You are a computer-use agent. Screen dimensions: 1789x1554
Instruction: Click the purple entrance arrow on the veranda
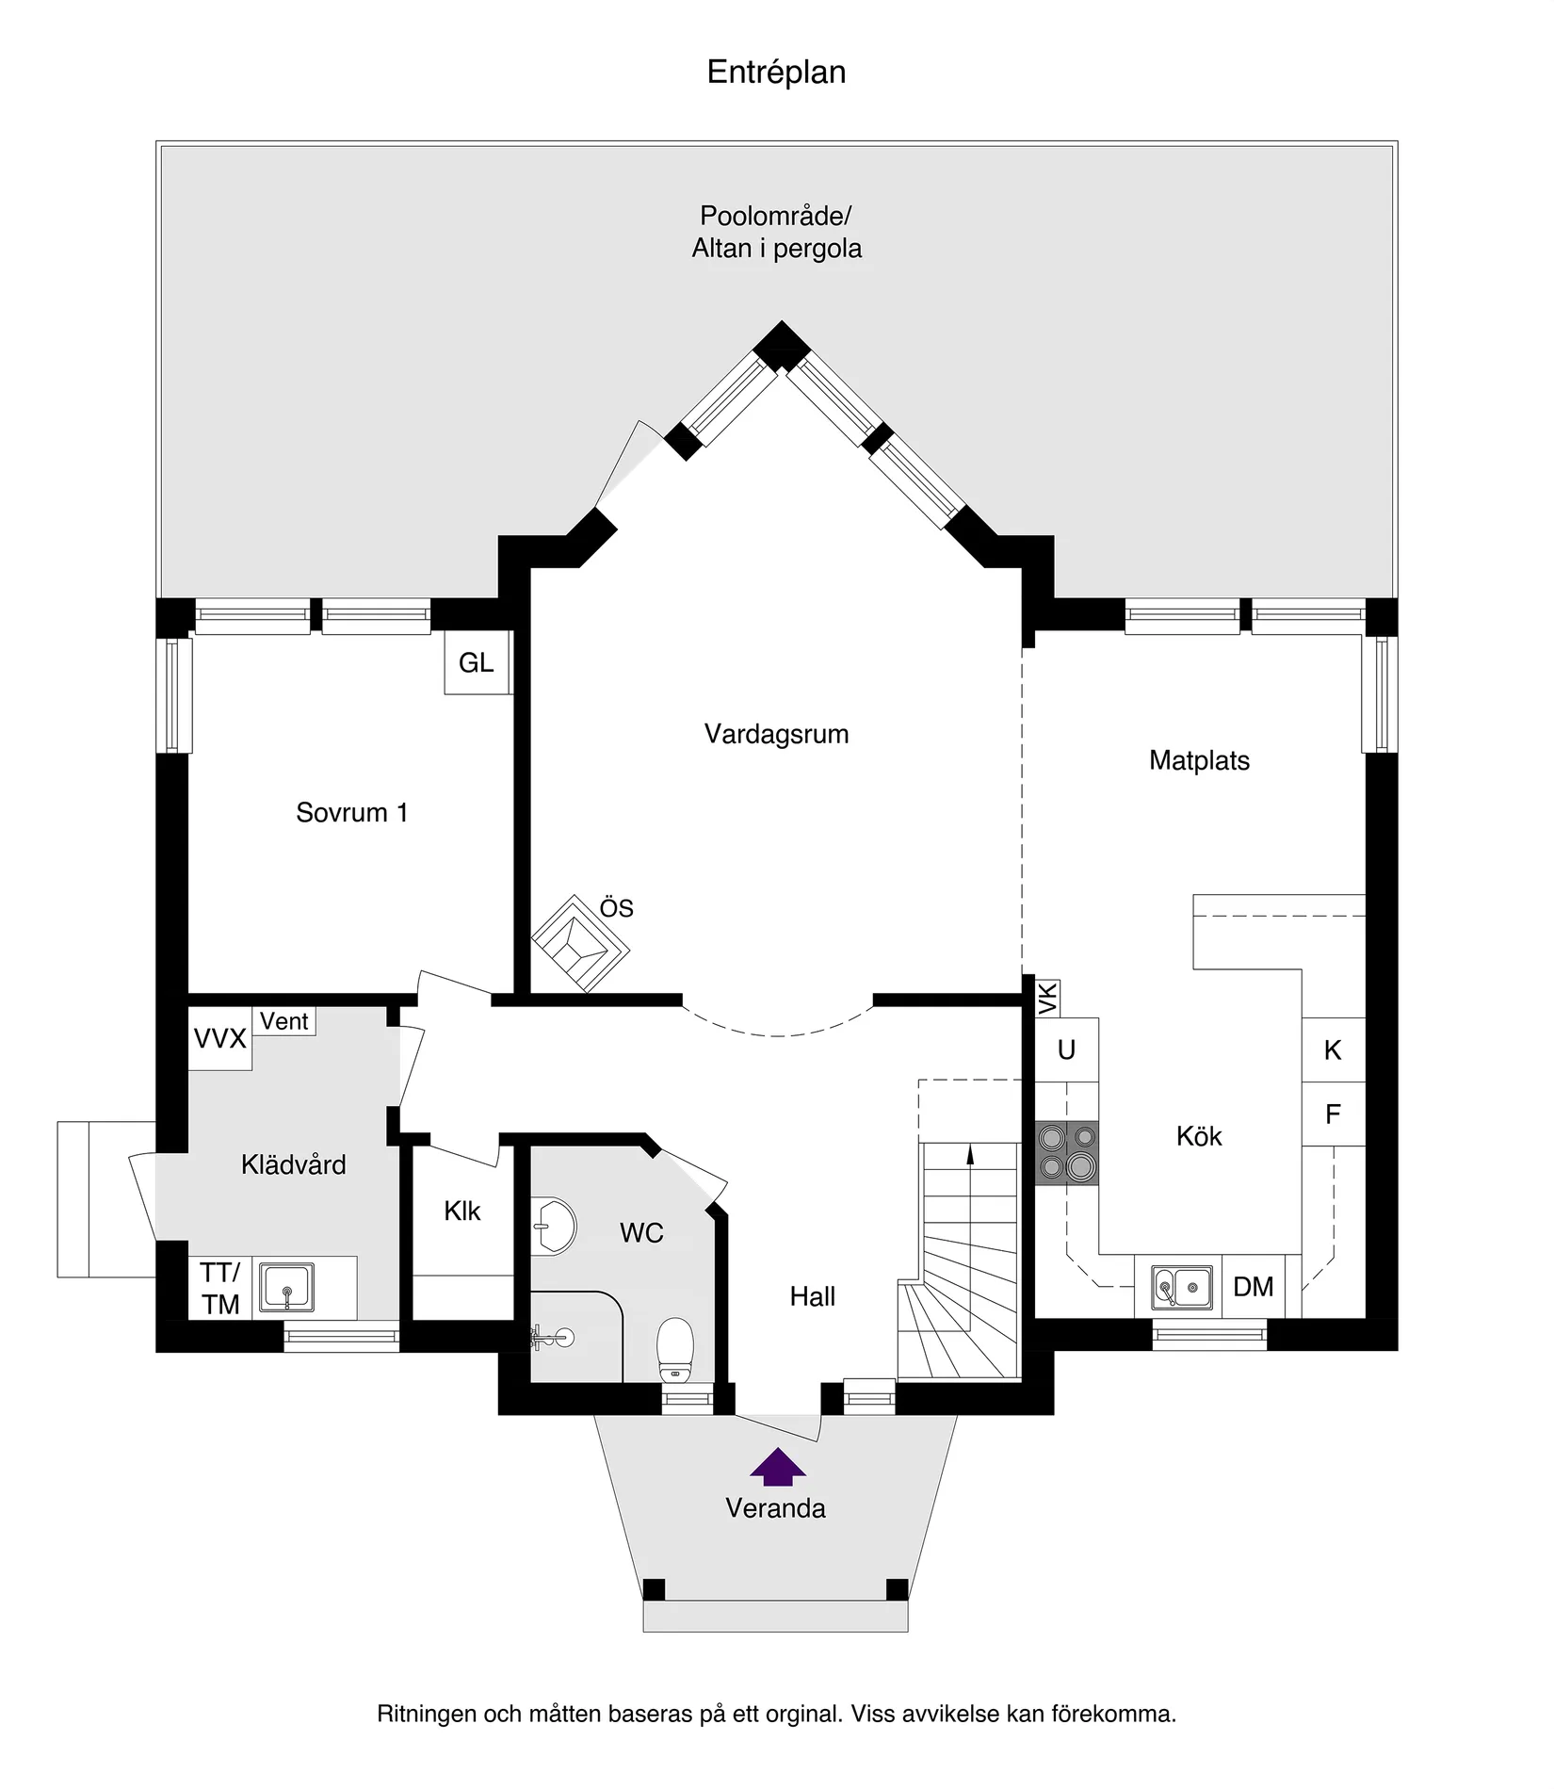click(x=777, y=1465)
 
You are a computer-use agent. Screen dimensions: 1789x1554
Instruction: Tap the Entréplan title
click(x=776, y=73)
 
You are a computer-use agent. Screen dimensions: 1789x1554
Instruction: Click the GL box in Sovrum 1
click(x=477, y=663)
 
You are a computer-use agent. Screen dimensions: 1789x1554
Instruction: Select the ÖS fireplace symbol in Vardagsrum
click(x=580, y=942)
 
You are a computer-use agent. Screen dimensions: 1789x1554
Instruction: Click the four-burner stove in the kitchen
click(x=1067, y=1152)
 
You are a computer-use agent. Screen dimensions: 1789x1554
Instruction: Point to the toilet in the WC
click(x=674, y=1345)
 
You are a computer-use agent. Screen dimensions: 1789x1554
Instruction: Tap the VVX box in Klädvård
click(x=219, y=1038)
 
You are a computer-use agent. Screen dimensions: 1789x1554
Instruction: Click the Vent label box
click(x=283, y=1021)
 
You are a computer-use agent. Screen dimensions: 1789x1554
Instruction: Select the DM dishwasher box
click(x=1253, y=1286)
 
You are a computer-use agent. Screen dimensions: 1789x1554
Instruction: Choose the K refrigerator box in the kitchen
click(x=1333, y=1049)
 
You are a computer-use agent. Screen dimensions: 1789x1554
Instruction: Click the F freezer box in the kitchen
click(x=1333, y=1114)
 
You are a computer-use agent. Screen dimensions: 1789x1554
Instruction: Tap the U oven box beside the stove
click(x=1066, y=1049)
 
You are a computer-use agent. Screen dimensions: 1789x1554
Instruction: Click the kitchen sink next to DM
click(x=1181, y=1287)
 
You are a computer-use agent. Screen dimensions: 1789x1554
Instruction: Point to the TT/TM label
click(x=220, y=1288)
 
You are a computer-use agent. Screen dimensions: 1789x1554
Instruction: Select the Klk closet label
click(x=462, y=1211)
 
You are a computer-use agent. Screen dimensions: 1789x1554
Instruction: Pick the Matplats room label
click(x=1199, y=760)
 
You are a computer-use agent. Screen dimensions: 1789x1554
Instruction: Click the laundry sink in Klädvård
click(x=287, y=1287)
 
